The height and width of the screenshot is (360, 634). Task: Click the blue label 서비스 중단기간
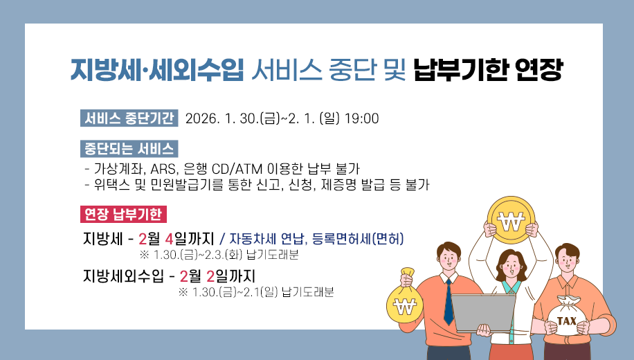coord(129,118)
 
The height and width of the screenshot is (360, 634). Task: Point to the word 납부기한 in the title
coord(457,71)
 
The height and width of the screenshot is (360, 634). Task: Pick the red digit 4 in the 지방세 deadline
coord(170,240)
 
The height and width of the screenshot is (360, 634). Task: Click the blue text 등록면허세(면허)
coord(358,240)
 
